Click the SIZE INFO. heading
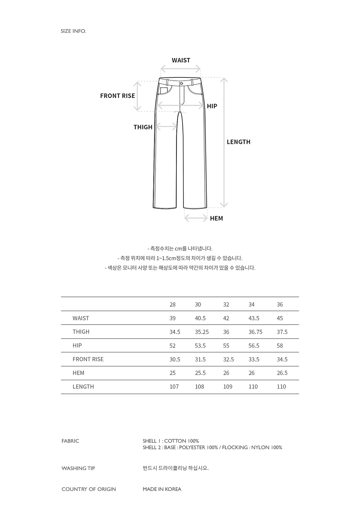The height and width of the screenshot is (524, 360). click(73, 31)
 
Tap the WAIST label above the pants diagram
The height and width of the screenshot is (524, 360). click(181, 60)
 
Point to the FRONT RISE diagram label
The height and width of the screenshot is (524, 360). click(117, 96)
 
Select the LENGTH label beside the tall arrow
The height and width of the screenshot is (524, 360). click(238, 142)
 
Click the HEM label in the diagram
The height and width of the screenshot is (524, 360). click(216, 218)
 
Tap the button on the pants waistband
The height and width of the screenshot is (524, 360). click(181, 83)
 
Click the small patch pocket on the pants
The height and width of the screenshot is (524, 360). click(164, 90)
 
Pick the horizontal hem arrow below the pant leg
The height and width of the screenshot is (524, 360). click(196, 218)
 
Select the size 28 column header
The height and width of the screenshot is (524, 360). click(172, 304)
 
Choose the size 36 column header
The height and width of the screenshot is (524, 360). click(280, 304)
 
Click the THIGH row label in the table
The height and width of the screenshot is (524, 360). click(81, 332)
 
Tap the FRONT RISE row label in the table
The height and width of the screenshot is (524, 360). click(88, 359)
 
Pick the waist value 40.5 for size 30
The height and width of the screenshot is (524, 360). click(200, 318)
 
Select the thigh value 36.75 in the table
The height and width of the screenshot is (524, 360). click(255, 332)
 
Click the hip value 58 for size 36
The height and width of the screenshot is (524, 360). click(280, 345)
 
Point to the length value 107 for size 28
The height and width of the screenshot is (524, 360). click(174, 387)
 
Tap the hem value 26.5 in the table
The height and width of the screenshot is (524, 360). click(282, 373)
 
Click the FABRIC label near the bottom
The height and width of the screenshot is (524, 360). click(70, 441)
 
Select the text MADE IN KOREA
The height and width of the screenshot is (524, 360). click(162, 489)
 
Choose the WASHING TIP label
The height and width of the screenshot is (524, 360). click(78, 468)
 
